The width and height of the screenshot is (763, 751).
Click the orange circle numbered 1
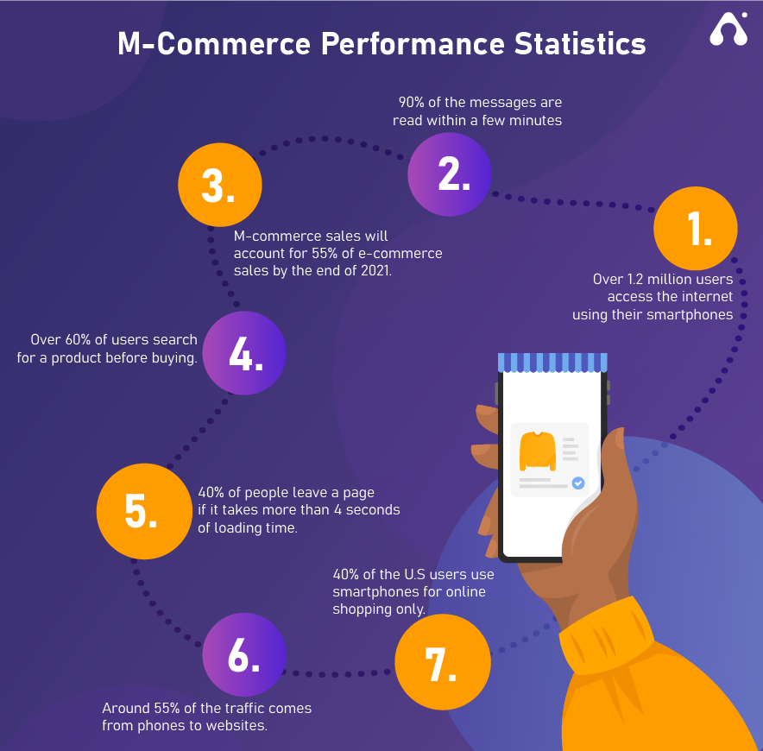click(x=696, y=228)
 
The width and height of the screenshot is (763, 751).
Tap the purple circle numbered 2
click(x=449, y=174)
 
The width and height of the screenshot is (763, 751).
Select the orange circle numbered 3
click(x=220, y=185)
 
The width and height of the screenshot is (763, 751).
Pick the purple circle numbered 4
click(x=244, y=353)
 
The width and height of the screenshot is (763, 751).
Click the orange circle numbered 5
click(x=144, y=511)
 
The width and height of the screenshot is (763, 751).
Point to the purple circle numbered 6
click(x=244, y=654)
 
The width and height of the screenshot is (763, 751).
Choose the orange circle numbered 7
click(x=443, y=662)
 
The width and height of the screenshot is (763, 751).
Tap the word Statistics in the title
click(x=580, y=44)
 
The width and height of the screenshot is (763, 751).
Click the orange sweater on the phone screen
click(x=538, y=451)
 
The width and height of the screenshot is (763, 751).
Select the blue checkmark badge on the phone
click(x=578, y=483)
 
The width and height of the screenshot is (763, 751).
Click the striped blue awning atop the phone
click(x=552, y=363)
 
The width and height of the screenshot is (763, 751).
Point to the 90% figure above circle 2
click(x=411, y=102)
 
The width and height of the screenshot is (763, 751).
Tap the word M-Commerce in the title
click(x=214, y=44)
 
